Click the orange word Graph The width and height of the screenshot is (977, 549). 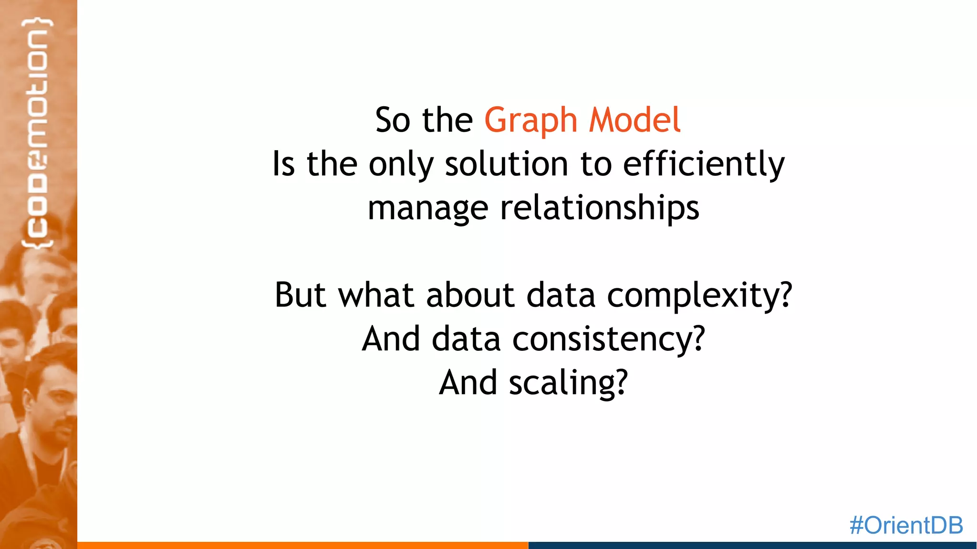pyautogui.click(x=530, y=120)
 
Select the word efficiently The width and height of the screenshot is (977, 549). pyautogui.click(x=704, y=164)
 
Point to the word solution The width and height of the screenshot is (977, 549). pyautogui.click(x=506, y=164)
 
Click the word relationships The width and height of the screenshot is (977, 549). pyautogui.click(x=599, y=208)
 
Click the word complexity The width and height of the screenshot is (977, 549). pyautogui.click(x=699, y=295)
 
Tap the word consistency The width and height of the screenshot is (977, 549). pyautogui.click(x=608, y=339)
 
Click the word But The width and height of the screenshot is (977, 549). pyautogui.click(x=300, y=295)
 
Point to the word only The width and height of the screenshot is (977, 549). pyautogui.click(x=401, y=165)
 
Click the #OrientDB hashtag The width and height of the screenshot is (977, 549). pyautogui.click(x=906, y=525)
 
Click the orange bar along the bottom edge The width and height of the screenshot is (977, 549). pyautogui.click(x=302, y=545)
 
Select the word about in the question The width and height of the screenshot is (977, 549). pyautogui.click(x=470, y=295)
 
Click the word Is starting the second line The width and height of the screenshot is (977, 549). pyautogui.click(x=283, y=164)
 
